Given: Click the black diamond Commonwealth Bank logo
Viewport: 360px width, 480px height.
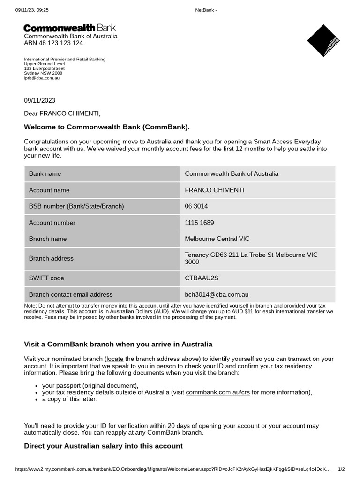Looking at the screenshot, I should [x=323, y=41].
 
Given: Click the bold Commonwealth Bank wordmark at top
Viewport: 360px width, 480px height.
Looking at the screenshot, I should [x=70, y=28].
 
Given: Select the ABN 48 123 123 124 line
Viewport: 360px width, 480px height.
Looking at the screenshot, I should [x=53, y=43].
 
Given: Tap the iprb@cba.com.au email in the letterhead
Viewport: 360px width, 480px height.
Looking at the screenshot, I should [x=42, y=78].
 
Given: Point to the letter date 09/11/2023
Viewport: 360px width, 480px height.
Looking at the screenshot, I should [x=39, y=100].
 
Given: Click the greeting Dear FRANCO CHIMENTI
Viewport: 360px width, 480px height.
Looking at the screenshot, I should [x=62, y=113].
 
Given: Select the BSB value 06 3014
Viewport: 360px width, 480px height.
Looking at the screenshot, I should [x=196, y=206].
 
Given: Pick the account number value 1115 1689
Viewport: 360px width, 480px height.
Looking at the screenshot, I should [x=199, y=223].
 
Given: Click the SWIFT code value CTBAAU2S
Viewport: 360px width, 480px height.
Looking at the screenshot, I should [x=202, y=278].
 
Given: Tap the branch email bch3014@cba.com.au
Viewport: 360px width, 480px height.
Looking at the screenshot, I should [x=217, y=294].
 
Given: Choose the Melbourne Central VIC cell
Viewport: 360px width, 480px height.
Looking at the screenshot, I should [x=217, y=239].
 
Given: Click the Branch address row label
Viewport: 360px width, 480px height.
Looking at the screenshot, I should [x=51, y=258].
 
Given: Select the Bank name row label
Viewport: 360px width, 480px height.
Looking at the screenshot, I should [x=45, y=173].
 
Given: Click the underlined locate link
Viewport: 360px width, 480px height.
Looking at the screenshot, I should [x=114, y=359].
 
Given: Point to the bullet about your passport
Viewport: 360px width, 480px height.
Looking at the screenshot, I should [x=90, y=386].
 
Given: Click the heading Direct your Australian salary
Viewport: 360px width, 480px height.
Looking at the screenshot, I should [x=103, y=446].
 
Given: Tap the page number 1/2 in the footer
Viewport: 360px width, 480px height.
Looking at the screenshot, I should [x=341, y=469].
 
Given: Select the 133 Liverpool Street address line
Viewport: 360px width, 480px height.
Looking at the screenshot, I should [x=44, y=69].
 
